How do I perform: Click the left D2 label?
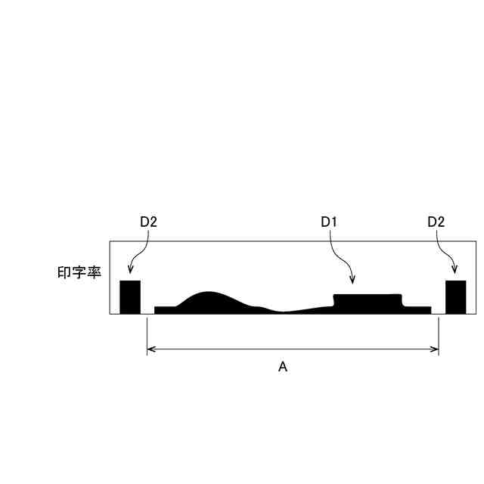point(148,222)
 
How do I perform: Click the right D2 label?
point(436,222)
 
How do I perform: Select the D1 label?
point(329,222)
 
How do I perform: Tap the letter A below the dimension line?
point(283,367)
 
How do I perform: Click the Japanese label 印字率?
point(79,272)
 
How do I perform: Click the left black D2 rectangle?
point(130,297)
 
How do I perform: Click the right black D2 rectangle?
point(455,297)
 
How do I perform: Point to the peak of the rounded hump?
point(209,292)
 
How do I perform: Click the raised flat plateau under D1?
point(368,304)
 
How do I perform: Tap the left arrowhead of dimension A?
point(150,349)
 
